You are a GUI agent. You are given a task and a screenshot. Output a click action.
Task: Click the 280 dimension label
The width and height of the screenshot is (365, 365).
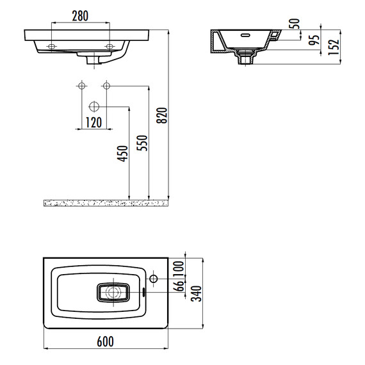[80, 16]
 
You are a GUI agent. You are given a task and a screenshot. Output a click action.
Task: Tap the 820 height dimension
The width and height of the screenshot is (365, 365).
[162, 115]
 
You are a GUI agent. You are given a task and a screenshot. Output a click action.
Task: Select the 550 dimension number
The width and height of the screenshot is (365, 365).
[142, 143]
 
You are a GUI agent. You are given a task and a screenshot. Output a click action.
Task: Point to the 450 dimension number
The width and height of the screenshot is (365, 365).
[123, 154]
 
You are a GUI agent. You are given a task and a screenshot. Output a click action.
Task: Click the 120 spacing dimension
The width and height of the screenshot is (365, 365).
[93, 122]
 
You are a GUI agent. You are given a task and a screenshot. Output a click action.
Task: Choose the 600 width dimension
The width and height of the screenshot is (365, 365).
[105, 341]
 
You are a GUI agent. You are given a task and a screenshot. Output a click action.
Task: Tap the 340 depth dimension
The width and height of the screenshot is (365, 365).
[196, 293]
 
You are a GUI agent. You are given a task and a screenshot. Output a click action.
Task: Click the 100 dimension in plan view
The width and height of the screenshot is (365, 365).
[179, 269]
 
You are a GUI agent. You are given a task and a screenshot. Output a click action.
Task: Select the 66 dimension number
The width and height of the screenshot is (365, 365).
[179, 286]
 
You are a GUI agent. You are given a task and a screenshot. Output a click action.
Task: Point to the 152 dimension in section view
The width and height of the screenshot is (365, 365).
[334, 47]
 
